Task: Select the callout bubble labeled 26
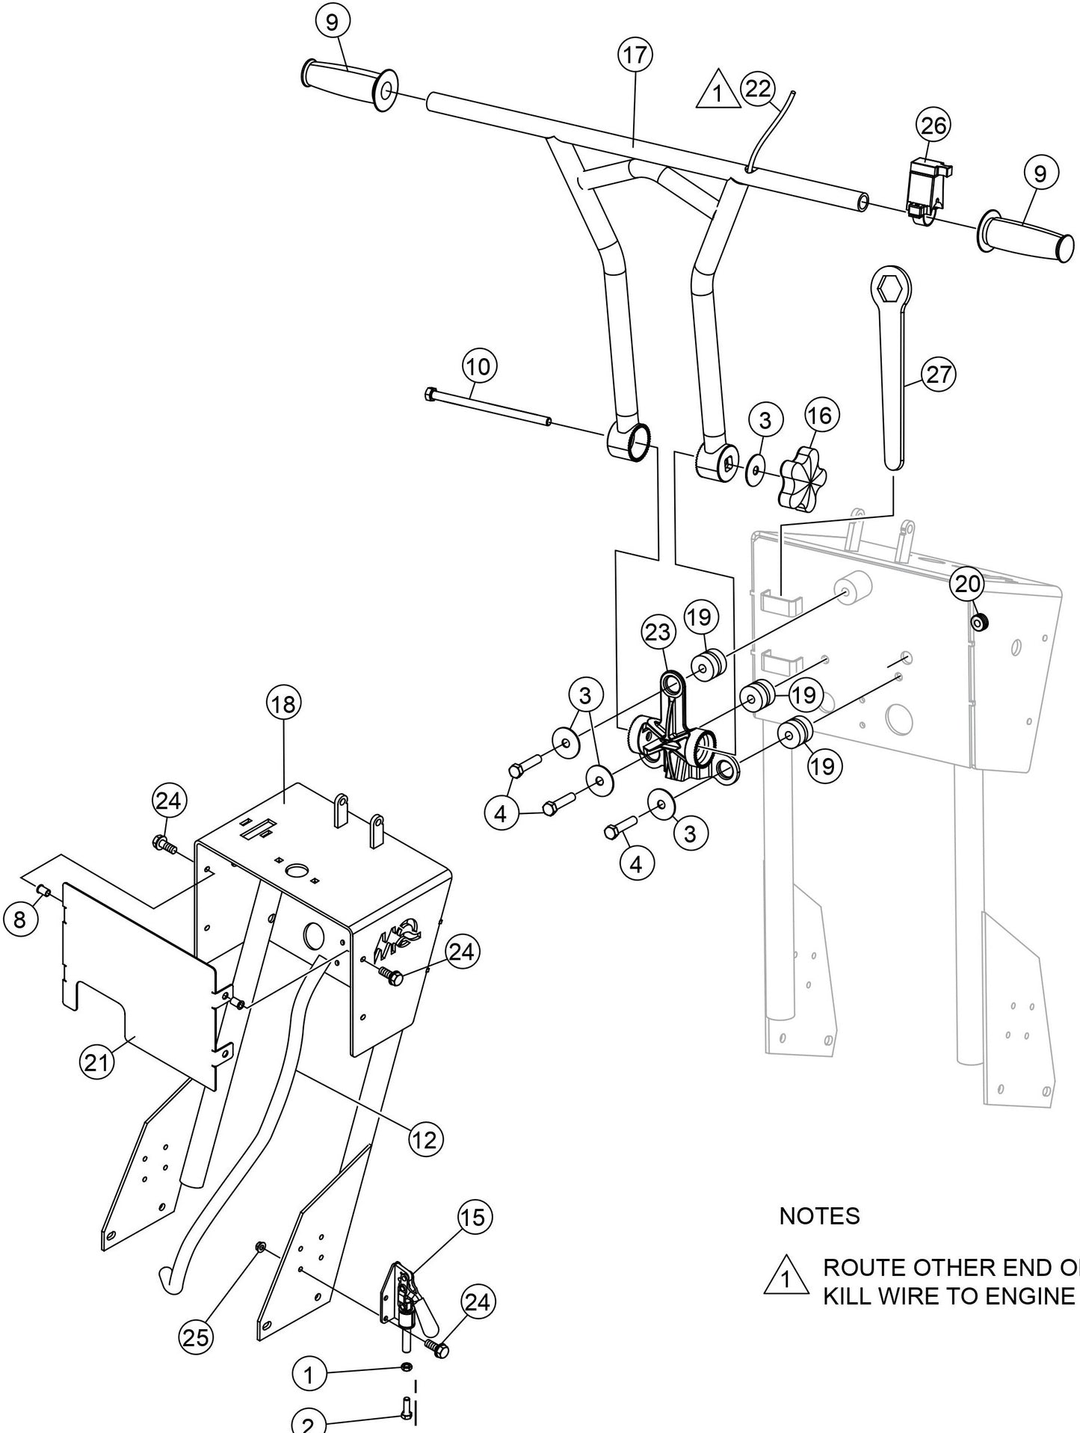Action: click(x=934, y=126)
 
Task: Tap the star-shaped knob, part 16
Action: click(x=804, y=479)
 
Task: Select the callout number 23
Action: click(x=658, y=632)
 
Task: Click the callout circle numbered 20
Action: click(x=967, y=584)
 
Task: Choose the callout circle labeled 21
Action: click(x=96, y=1062)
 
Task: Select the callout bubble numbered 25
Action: click(x=196, y=1337)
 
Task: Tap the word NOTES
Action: click(x=819, y=1216)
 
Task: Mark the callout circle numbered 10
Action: click(x=480, y=366)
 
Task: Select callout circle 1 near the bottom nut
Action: click(x=309, y=1374)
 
